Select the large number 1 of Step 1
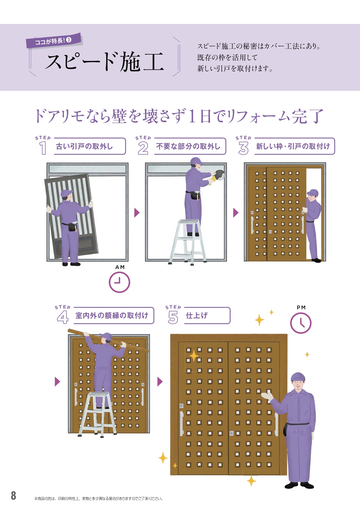43,148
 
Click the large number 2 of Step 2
143,148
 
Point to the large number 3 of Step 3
243,148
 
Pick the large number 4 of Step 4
63,317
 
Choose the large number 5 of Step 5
173,317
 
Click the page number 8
13,496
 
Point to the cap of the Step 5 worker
298,376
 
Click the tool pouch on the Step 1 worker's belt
73,226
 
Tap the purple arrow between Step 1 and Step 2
137,213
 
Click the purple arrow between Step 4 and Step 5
160,382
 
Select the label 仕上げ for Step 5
197,315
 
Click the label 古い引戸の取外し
84,146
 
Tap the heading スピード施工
104,62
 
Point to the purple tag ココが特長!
54,41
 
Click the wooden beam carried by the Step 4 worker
108,341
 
